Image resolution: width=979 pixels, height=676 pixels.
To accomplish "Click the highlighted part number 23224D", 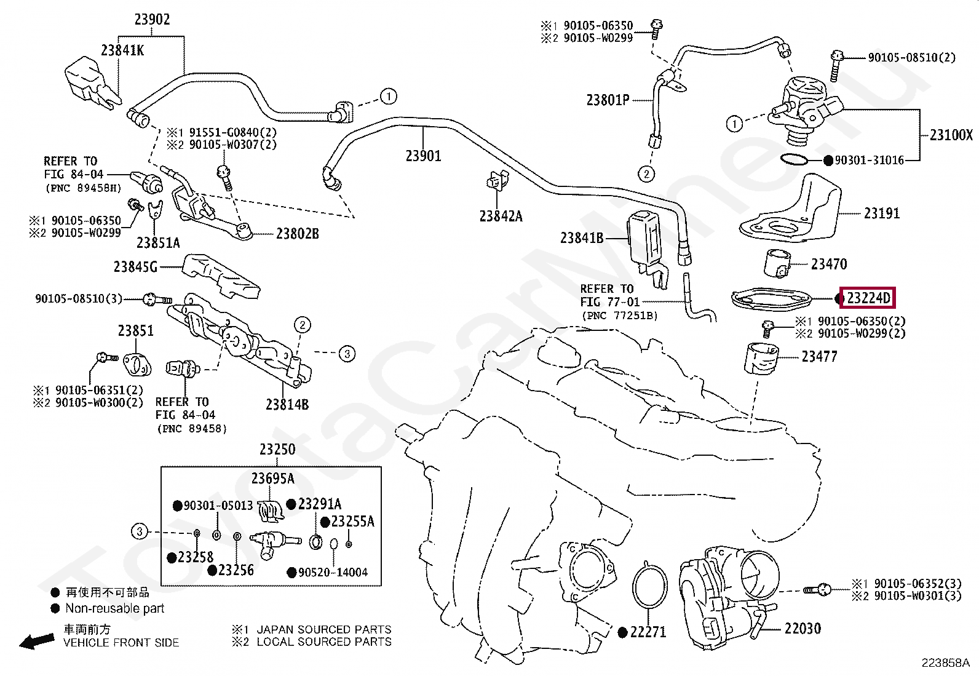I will (868, 298).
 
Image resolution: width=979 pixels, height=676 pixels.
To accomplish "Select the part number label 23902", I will (152, 20).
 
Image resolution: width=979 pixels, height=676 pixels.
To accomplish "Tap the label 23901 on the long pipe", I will (423, 156).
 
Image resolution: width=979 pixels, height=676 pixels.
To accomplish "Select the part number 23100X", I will (951, 135).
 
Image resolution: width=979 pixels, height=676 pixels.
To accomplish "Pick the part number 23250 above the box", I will (277, 449).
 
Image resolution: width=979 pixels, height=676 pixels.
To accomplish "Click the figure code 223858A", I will (945, 663).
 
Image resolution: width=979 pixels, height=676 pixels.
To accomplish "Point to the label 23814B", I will (287, 404).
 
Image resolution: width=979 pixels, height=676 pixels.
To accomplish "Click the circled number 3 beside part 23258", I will (140, 531).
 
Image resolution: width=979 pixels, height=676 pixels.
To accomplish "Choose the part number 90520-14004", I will (332, 572).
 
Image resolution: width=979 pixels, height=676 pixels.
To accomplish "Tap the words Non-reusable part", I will (115, 608).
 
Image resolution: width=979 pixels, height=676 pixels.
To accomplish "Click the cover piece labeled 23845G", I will (221, 275).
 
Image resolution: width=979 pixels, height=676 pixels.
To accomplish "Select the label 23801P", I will (608, 100).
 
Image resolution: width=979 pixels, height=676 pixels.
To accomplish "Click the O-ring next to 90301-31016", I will (794, 160).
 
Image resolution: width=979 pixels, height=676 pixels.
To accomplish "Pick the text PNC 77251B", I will (619, 316).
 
